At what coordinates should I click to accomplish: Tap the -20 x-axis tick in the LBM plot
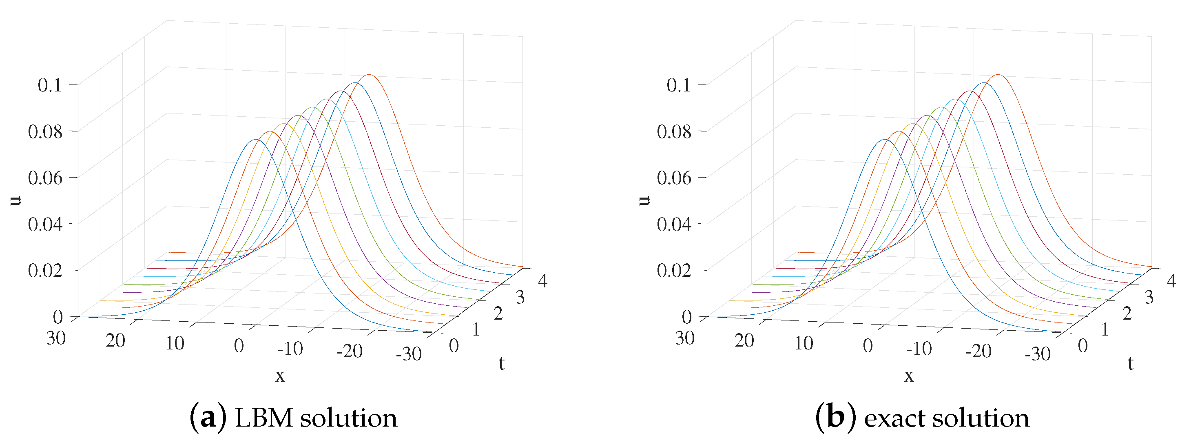click(x=350, y=351)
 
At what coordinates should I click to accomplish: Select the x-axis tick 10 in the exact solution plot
click(x=804, y=343)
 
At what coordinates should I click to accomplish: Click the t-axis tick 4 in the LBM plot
click(x=542, y=281)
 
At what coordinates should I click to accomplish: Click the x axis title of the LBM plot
click(x=280, y=376)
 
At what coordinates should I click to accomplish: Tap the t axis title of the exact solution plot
click(x=1131, y=364)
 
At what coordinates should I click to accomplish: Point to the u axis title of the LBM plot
click(x=17, y=200)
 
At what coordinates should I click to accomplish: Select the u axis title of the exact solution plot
click(x=645, y=200)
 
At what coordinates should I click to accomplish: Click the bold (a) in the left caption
click(x=208, y=418)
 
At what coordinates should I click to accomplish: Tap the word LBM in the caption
click(x=264, y=418)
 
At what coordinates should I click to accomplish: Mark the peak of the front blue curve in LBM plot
click(x=255, y=139)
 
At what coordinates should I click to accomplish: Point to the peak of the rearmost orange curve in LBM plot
click(x=369, y=74)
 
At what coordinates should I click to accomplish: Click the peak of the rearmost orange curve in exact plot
click(x=998, y=74)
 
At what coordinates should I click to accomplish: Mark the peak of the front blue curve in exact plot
click(x=884, y=139)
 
